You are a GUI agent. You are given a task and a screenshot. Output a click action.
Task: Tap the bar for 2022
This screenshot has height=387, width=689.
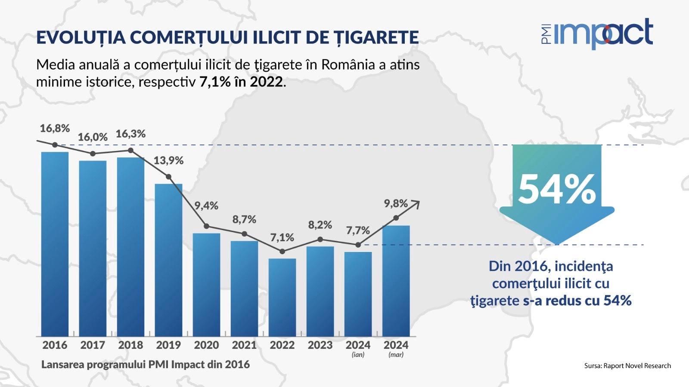pyautogui.click(x=282, y=297)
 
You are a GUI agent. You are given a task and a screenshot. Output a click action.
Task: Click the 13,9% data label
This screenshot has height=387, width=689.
pyautogui.click(x=168, y=161)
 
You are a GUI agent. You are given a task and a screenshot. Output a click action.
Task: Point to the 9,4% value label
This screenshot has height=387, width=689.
pyautogui.click(x=206, y=206)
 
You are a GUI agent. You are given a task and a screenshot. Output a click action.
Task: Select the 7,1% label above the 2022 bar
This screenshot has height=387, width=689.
pyautogui.click(x=282, y=237)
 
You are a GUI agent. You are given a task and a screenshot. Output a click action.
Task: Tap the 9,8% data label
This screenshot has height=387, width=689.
pyautogui.click(x=396, y=203)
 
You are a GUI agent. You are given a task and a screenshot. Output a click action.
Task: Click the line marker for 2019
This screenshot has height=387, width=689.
pyautogui.click(x=168, y=177)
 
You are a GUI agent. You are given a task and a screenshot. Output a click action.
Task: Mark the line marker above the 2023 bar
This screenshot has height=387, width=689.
pyautogui.click(x=320, y=240)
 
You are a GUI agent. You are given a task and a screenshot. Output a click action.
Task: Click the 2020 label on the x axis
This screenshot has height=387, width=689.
pyautogui.click(x=206, y=345)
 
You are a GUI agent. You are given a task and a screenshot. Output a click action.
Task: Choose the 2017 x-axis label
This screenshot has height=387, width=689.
pyautogui.click(x=93, y=345)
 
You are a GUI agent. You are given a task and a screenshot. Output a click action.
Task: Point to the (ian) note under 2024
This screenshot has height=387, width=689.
pyautogui.click(x=358, y=355)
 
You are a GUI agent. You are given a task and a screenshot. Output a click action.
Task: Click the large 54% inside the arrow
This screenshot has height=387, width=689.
pyautogui.click(x=557, y=189)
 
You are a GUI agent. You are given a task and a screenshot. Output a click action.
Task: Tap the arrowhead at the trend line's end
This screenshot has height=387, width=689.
pyautogui.click(x=416, y=203)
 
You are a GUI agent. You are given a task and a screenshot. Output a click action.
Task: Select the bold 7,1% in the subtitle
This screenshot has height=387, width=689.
pyautogui.click(x=215, y=82)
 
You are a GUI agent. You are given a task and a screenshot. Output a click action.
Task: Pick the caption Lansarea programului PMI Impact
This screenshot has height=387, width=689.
pyautogui.click(x=145, y=365)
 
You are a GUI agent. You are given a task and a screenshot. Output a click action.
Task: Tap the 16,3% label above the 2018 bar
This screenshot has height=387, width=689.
pyautogui.click(x=130, y=134)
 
